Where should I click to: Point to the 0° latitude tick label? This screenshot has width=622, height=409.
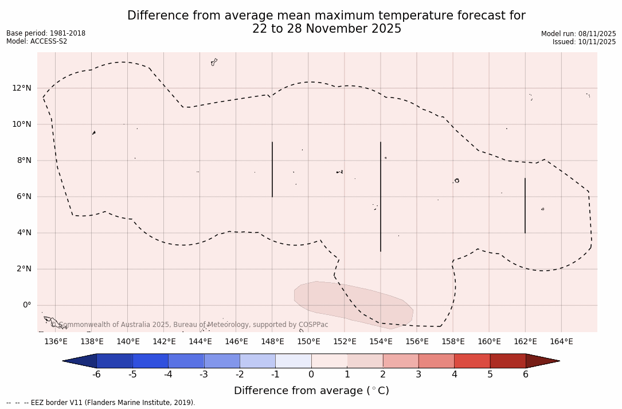click(x=26, y=305)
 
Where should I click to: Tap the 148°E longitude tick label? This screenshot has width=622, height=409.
click(x=272, y=342)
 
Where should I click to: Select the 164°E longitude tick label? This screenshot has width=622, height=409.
click(x=561, y=342)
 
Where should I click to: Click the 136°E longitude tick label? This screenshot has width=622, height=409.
click(x=56, y=342)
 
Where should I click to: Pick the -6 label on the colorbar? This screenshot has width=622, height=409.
click(x=96, y=375)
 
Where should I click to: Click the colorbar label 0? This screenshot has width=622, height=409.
click(x=311, y=375)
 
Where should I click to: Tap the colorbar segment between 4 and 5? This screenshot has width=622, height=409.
click(x=472, y=361)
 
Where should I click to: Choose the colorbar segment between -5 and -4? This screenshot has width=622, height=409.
click(x=150, y=361)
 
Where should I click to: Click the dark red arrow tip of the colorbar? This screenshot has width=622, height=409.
click(x=542, y=361)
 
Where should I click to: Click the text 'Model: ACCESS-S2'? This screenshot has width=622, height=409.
click(x=37, y=41)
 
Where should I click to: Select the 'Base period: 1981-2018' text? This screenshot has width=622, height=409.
click(x=46, y=33)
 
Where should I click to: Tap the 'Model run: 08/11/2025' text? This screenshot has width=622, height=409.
click(x=578, y=34)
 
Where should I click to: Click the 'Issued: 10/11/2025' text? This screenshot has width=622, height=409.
click(x=584, y=42)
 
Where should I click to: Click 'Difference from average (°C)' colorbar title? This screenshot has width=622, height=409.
click(x=311, y=391)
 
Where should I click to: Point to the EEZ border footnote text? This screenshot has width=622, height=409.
click(x=101, y=403)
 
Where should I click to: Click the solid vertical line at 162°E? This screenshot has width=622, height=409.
click(x=525, y=205)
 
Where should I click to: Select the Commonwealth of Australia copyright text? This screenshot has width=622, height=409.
click(x=190, y=325)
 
